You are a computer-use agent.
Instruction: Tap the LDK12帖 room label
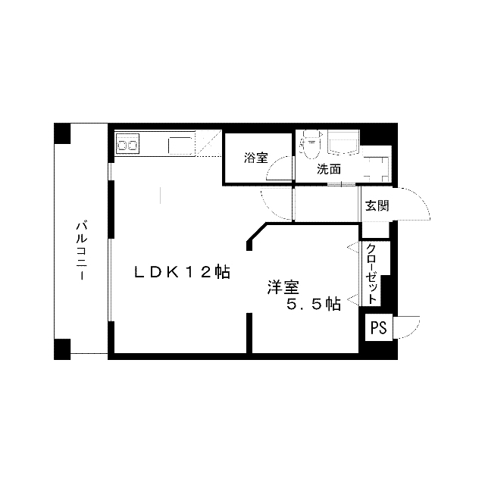pos(182,272)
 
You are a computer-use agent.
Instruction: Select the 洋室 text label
pos(283,287)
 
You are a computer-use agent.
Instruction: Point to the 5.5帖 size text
pos(313,305)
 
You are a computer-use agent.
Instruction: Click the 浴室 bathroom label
pos(256,158)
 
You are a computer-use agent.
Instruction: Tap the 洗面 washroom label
pos(329,169)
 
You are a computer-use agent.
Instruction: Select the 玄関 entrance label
pos(377,205)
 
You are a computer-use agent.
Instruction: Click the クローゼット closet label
pos(371,274)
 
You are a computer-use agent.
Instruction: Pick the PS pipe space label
pos(379,327)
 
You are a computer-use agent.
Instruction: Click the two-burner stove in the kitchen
pos(127,144)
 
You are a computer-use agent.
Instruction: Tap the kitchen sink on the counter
pos(180,145)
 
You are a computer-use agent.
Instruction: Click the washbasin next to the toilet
pos(343,143)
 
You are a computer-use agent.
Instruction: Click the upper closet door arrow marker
pos(352,248)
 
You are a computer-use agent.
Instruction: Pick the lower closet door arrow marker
pos(352,300)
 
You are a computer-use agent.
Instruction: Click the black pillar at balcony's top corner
pos(62,133)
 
